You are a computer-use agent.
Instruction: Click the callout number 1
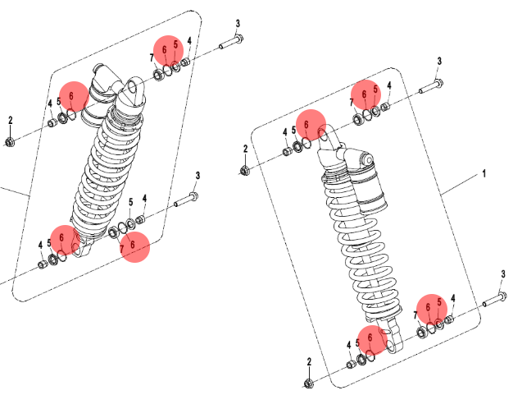(484, 173)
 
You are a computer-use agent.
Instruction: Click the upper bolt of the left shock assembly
(231, 42)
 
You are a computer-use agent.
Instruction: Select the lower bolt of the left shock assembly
(186, 200)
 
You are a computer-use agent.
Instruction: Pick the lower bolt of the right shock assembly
(496, 299)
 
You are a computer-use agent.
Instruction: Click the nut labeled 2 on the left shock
(10, 142)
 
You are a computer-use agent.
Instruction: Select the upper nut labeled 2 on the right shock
(244, 171)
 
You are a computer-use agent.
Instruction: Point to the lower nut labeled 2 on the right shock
(308, 384)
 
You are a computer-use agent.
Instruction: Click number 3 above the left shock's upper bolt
(238, 23)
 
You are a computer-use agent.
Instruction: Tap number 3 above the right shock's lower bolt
(503, 274)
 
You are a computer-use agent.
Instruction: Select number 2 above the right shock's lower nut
(309, 362)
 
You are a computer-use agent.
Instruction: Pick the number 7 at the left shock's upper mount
(152, 57)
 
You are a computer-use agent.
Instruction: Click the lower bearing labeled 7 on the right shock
(422, 333)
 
